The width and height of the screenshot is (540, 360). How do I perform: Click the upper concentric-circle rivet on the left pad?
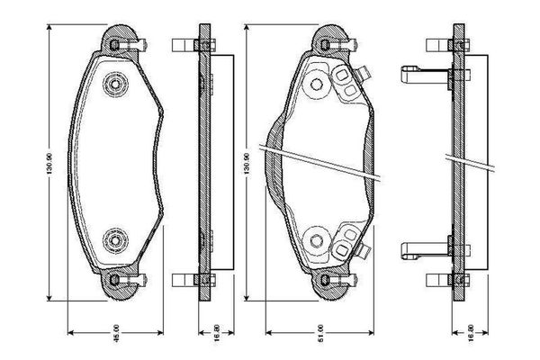[115, 85]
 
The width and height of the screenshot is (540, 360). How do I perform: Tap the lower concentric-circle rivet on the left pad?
[115, 239]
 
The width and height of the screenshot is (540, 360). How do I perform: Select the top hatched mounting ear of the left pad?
[114, 40]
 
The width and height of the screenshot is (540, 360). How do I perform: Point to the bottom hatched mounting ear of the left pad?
[114, 284]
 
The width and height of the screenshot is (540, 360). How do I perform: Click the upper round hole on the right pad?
[317, 85]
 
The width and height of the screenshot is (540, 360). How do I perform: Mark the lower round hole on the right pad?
[317, 239]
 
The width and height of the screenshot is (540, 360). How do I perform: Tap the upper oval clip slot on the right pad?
[345, 83]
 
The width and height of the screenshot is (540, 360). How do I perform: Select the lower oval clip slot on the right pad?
[345, 241]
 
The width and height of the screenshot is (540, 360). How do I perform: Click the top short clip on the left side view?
[184, 43]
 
